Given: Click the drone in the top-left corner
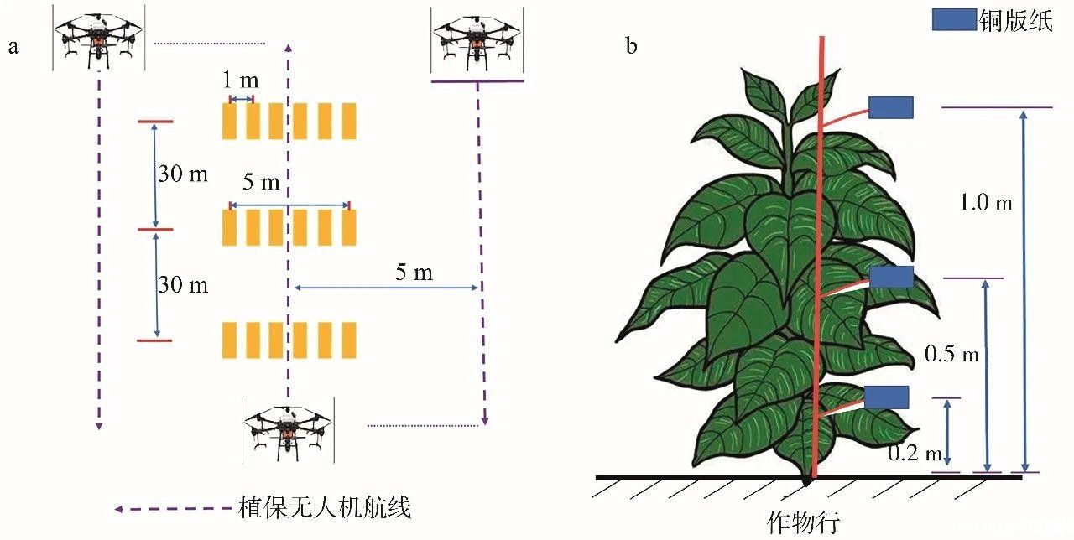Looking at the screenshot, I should (x=98, y=38).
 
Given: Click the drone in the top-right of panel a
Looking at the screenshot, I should (x=477, y=40).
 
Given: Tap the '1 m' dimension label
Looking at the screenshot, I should (x=241, y=81).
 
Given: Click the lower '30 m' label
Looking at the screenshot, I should (x=183, y=285).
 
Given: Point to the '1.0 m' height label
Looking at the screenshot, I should (x=987, y=202).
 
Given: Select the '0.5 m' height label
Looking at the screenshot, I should (x=951, y=354).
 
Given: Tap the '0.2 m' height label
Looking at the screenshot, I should (x=915, y=454).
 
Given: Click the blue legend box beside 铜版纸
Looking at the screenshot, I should (x=954, y=20).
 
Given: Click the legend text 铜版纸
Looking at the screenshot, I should (x=1015, y=20).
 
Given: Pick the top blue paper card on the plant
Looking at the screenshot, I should (x=890, y=107).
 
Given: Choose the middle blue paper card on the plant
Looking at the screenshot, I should (x=891, y=277).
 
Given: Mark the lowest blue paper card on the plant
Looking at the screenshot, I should (x=886, y=397).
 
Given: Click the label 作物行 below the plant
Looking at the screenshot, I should (x=803, y=522).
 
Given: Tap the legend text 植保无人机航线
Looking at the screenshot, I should (x=325, y=508).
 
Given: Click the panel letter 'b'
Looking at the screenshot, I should (x=631, y=45).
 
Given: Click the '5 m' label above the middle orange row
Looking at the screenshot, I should (x=260, y=183).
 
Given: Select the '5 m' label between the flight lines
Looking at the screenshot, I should (x=414, y=272).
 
